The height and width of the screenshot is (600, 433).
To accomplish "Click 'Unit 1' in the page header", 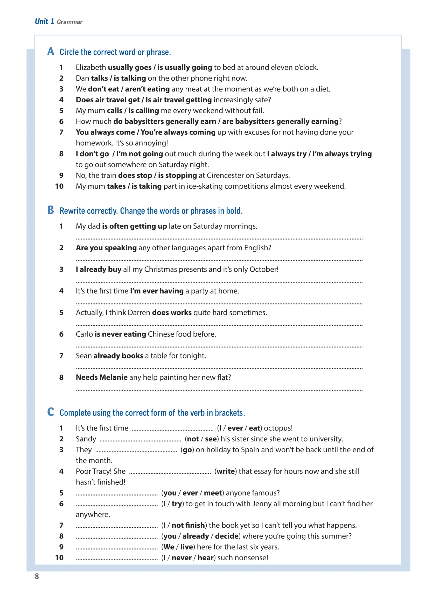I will click(44, 22).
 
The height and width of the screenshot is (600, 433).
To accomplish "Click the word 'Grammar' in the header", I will click(69, 22).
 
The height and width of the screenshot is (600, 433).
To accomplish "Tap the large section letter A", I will click(51, 51).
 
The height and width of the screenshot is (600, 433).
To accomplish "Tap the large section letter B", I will click(51, 210).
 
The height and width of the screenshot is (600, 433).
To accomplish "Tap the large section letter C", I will click(51, 412).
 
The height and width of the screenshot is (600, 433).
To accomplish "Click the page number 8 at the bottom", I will click(37, 576).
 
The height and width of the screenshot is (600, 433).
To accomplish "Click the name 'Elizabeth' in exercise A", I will click(91, 67).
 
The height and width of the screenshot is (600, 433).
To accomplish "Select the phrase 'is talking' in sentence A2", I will click(130, 78).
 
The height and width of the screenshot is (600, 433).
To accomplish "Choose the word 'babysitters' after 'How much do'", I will click(144, 122).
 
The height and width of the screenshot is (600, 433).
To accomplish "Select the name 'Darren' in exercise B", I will click(139, 313).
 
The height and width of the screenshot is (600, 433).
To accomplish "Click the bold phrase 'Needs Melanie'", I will click(102, 377).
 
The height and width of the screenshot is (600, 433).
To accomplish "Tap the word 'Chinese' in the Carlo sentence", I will click(161, 334).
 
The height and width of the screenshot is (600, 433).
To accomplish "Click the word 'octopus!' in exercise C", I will click(278, 428).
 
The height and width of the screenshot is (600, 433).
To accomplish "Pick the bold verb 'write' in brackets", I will click(226, 471).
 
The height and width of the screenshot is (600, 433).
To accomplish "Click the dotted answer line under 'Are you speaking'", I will click(219, 260).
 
